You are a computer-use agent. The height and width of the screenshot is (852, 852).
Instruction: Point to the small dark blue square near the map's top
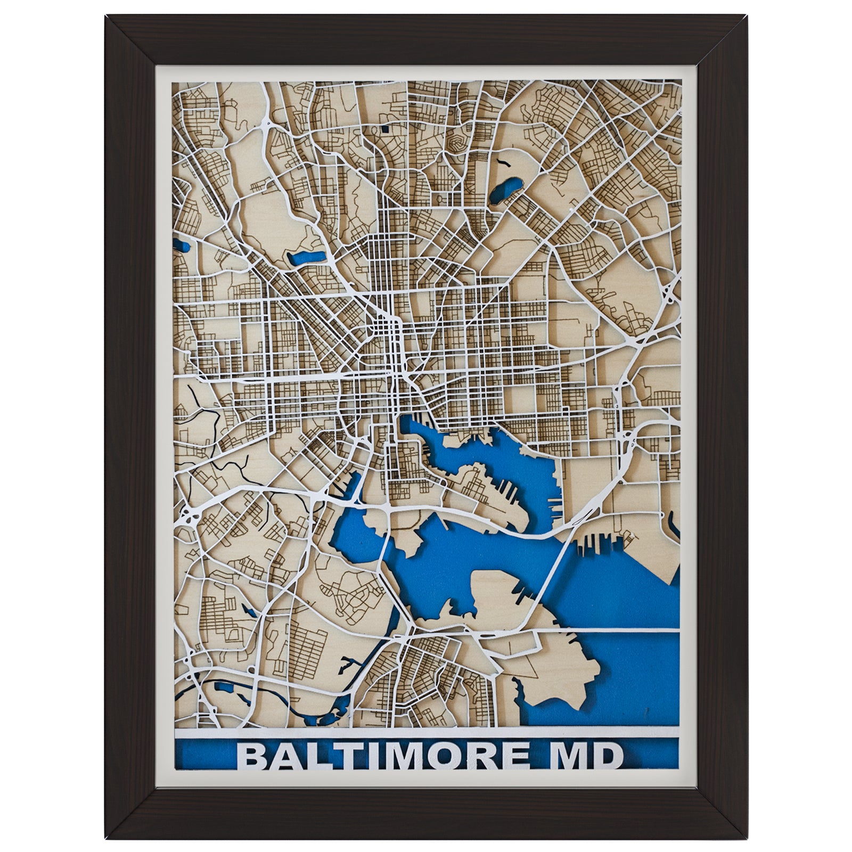click(x=385, y=128)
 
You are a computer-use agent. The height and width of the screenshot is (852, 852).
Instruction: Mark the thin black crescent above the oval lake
click(x=502, y=160)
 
